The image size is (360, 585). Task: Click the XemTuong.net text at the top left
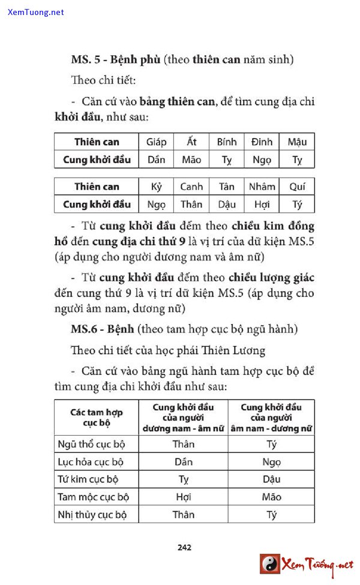point(36,12)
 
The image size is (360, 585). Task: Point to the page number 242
point(184,547)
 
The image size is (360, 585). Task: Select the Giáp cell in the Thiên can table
point(157,142)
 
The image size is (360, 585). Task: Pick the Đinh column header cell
point(262,142)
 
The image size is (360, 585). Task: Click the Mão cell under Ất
point(191,160)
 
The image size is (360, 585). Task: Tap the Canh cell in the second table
point(191,187)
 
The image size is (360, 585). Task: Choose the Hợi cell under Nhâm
point(262,204)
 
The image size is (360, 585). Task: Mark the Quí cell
point(297,187)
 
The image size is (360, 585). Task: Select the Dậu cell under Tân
point(227,204)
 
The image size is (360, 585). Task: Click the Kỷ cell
point(157,187)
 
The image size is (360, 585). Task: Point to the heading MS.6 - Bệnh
point(102,329)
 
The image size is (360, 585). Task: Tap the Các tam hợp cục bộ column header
point(97,418)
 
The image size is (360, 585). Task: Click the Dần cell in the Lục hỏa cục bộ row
point(184,462)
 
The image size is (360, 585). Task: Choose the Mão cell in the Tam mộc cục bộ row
point(271,497)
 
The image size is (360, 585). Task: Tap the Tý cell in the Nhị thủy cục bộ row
point(271,514)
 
